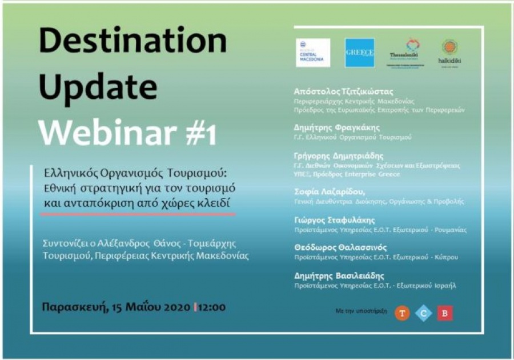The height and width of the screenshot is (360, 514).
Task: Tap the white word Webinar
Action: pyautogui.click(x=105, y=133)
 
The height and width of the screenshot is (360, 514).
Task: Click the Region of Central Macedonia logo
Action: pyautogui.click(x=312, y=53)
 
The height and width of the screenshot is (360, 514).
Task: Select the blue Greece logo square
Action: pyautogui.click(x=360, y=53)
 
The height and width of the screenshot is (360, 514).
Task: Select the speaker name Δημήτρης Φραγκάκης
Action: pyautogui.click(x=336, y=127)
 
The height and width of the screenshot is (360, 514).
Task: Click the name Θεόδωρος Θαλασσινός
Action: pyautogui.click(x=340, y=247)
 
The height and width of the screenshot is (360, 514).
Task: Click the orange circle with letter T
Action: pyautogui.click(x=402, y=313)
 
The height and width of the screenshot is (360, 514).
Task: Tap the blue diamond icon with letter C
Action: pyautogui.click(x=424, y=313)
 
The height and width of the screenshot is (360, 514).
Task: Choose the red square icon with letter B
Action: pyautogui.click(x=445, y=313)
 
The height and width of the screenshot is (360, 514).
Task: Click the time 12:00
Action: pyautogui.click(x=211, y=307)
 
